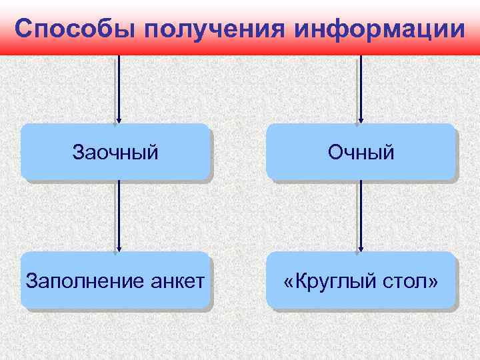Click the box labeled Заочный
click(x=115, y=152)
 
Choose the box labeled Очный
click(x=361, y=152)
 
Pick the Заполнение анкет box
click(x=115, y=281)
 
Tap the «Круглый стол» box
click(x=361, y=281)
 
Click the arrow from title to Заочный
click(x=119, y=87)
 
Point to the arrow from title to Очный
click(x=361, y=87)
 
